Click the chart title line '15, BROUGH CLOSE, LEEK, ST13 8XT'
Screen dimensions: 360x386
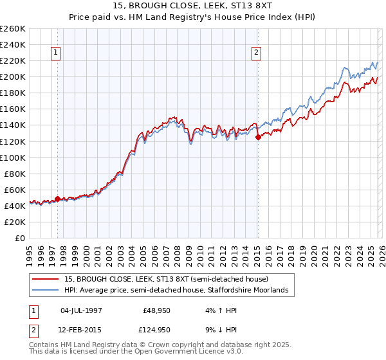tap(192, 7)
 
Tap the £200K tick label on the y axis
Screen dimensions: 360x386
tap(12, 76)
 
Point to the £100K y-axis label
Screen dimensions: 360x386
tap(12, 157)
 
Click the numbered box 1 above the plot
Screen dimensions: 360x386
tap(57, 53)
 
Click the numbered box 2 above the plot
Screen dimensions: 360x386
tap(257, 53)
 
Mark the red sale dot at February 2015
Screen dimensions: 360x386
tap(257, 137)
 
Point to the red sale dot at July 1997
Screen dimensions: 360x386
tap(57, 199)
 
